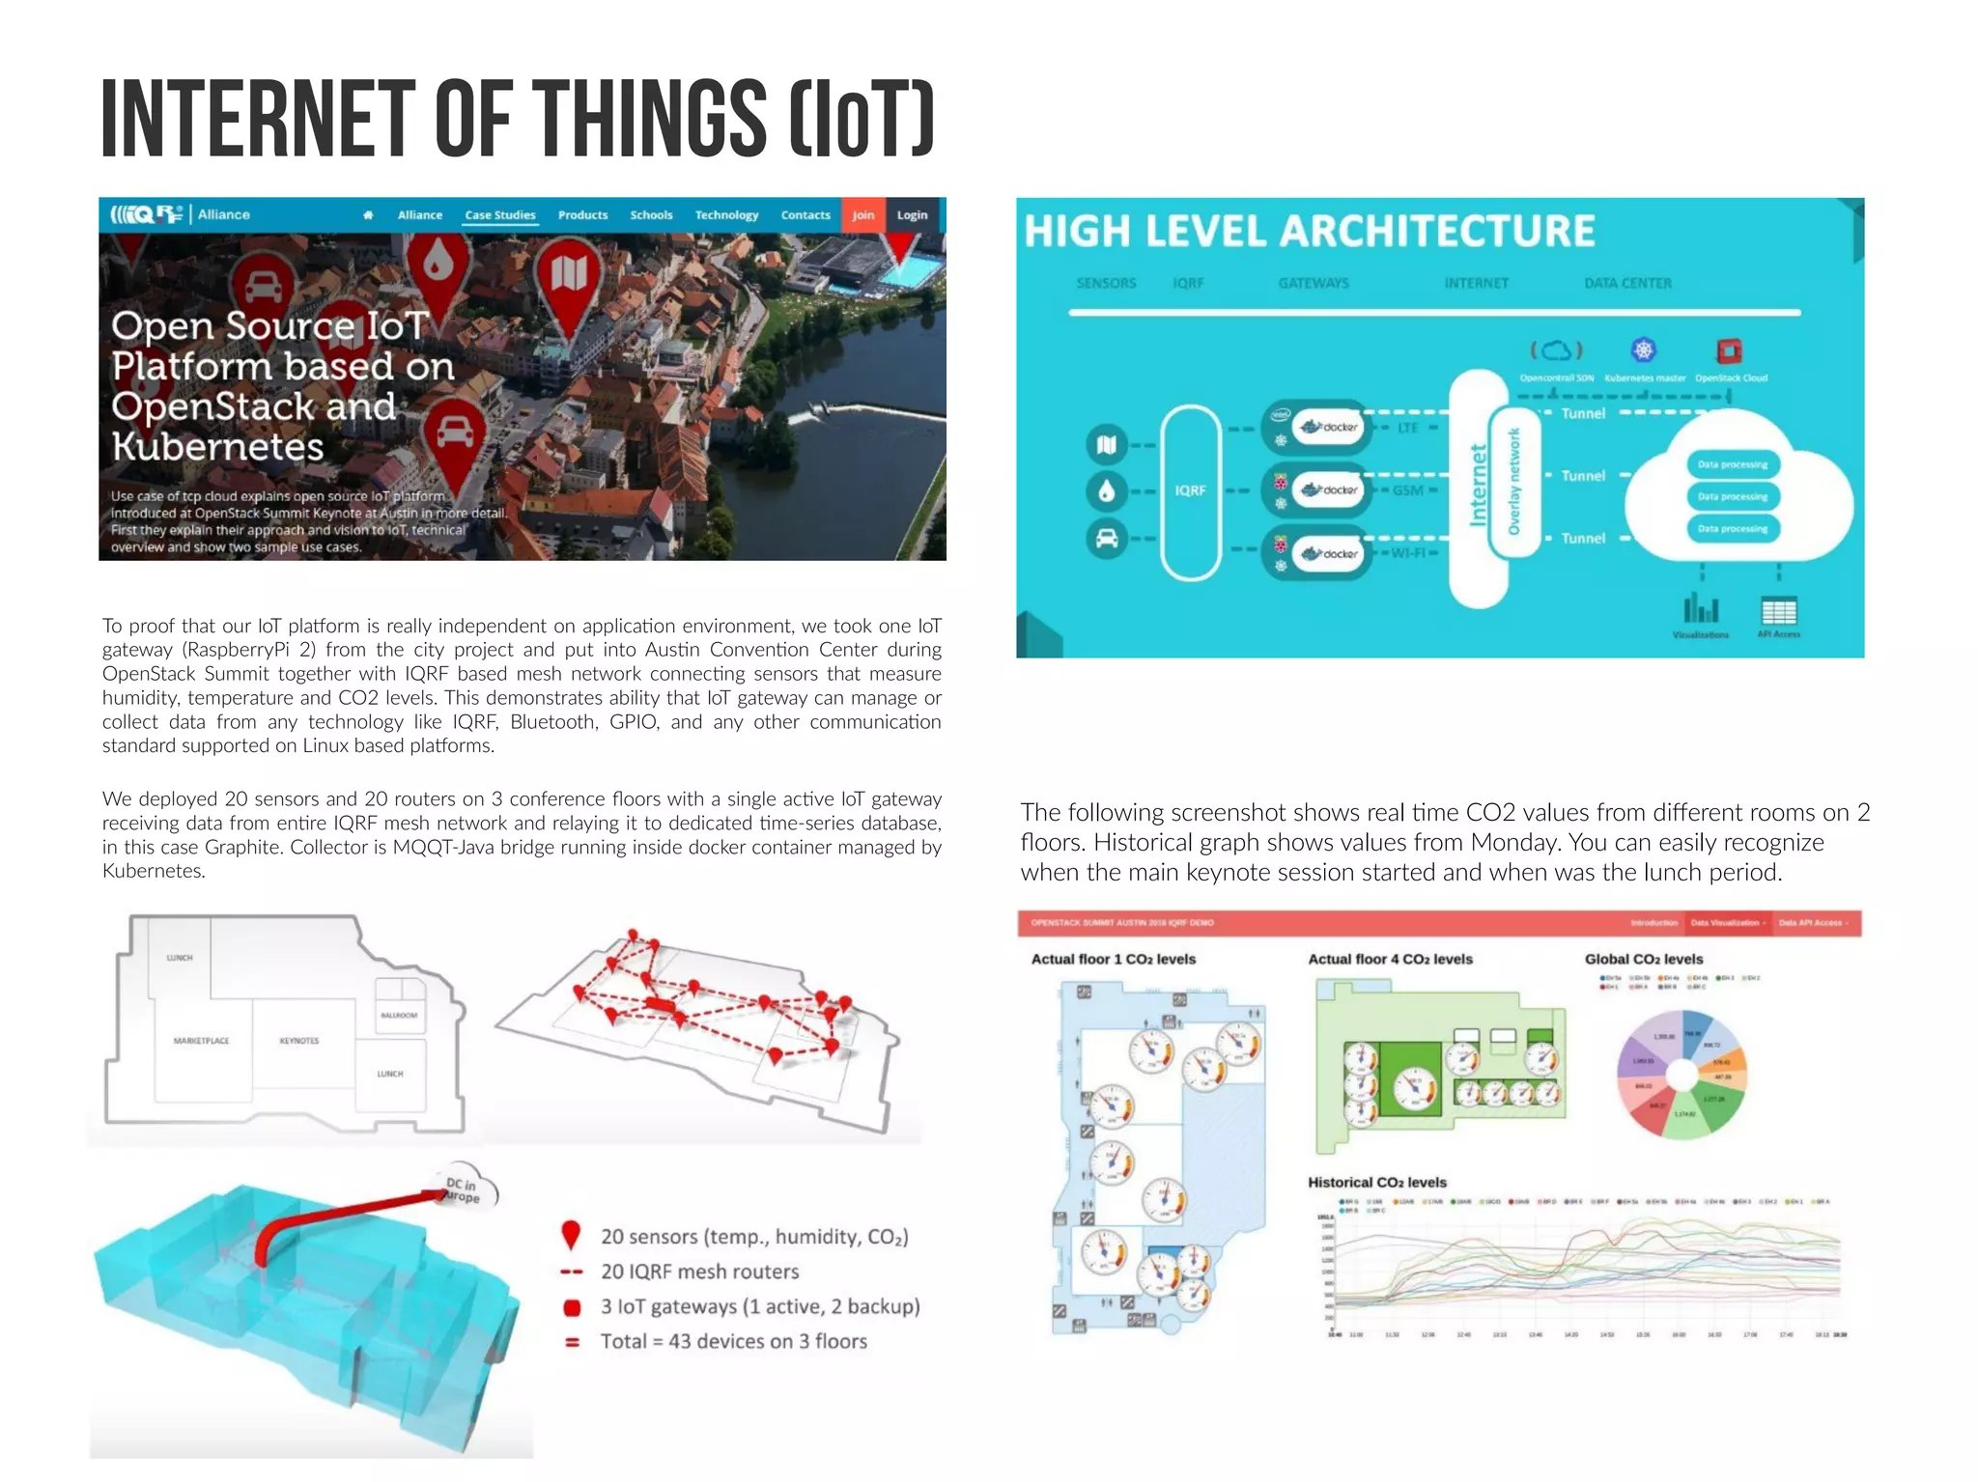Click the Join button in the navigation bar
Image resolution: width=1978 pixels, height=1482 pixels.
pyautogui.click(x=862, y=215)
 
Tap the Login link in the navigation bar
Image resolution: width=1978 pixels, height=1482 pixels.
pyautogui.click(x=912, y=215)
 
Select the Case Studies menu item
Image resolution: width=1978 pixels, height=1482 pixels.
pyautogui.click(x=499, y=215)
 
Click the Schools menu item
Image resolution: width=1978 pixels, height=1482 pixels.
pyautogui.click(x=651, y=215)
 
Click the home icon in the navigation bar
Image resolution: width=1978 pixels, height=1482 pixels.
pyautogui.click(x=368, y=215)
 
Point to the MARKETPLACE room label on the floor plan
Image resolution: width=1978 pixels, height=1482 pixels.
pyautogui.click(x=201, y=1041)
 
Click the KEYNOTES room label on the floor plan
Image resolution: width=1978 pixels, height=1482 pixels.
pyautogui.click(x=298, y=1041)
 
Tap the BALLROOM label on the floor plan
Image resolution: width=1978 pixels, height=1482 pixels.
pyautogui.click(x=399, y=1015)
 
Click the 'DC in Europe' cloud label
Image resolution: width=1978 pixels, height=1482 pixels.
pyautogui.click(x=463, y=1188)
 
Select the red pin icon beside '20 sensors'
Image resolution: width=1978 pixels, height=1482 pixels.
pyautogui.click(x=571, y=1235)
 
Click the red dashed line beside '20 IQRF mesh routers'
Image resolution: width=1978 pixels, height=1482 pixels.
pyautogui.click(x=571, y=1272)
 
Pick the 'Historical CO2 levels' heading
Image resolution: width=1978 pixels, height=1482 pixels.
pyautogui.click(x=1376, y=1182)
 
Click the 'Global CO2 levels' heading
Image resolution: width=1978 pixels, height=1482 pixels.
pyautogui.click(x=1643, y=959)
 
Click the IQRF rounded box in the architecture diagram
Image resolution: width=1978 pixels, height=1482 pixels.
pyautogui.click(x=1191, y=490)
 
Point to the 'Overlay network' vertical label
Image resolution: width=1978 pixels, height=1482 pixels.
pyautogui.click(x=1513, y=481)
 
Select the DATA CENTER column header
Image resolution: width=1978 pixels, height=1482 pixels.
pyautogui.click(x=1627, y=283)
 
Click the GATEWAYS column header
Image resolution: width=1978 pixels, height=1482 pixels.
pyautogui.click(x=1314, y=283)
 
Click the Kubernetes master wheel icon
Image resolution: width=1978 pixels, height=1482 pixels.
pyautogui.click(x=1643, y=350)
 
